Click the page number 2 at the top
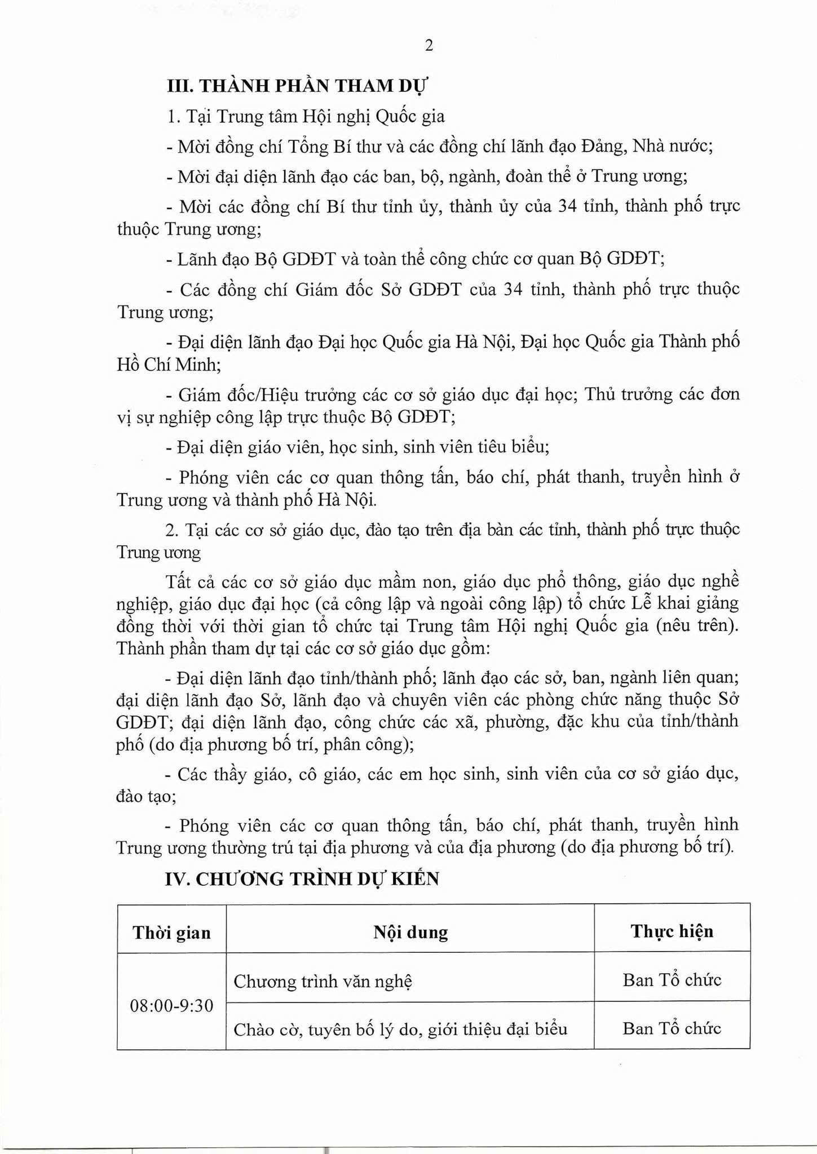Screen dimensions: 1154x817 [429, 46]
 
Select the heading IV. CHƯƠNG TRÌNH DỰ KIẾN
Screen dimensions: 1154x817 [302, 878]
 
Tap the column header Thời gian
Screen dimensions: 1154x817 [171, 933]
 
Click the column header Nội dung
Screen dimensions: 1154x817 [410, 932]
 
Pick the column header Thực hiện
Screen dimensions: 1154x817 [672, 931]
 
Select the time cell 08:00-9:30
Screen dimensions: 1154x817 [171, 1005]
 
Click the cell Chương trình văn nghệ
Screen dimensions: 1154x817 [323, 981]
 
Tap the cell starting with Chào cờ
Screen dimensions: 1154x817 [400, 1029]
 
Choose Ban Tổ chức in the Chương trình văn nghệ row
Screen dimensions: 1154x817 [672, 980]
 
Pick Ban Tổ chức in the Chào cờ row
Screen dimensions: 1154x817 [672, 1028]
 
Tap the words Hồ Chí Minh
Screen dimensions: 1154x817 [169, 365]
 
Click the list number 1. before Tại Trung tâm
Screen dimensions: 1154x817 [173, 117]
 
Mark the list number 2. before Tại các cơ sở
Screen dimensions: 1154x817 [173, 530]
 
